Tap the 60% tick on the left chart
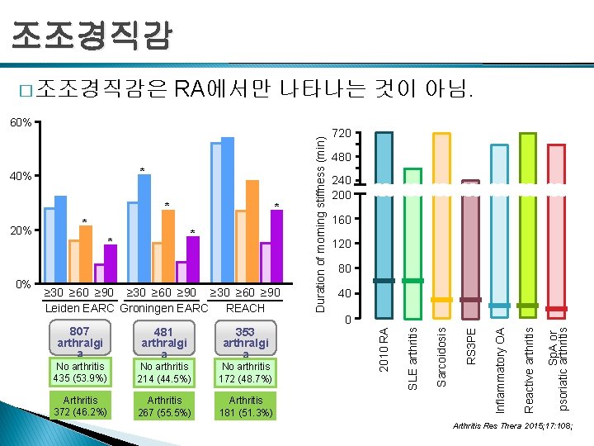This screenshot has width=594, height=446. pyautogui.click(x=21, y=122)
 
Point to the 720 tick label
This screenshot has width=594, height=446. pyautogui.click(x=342, y=133)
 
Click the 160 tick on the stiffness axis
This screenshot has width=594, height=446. pyautogui.click(x=342, y=221)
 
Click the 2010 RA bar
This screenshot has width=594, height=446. pyautogui.click(x=384, y=223)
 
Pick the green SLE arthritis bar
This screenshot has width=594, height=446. pyautogui.click(x=412, y=243)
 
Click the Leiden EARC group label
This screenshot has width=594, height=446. pyautogui.click(x=80, y=308)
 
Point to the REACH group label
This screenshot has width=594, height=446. pyautogui.click(x=245, y=308)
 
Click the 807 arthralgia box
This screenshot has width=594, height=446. pyautogui.click(x=80, y=341)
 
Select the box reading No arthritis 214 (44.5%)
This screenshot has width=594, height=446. pyautogui.click(x=164, y=372)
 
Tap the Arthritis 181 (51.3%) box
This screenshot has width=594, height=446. pyautogui.click(x=246, y=406)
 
